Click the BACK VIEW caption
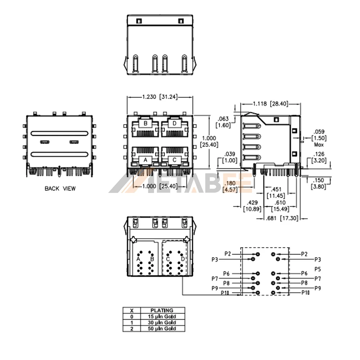tap(60, 188)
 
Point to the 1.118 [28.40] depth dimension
tap(270, 104)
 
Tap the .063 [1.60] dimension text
tap(223, 122)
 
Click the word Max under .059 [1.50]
tap(318, 145)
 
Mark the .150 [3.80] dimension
tap(318, 183)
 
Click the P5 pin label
tap(318, 269)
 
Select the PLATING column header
tap(162, 310)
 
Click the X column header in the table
tap(131, 310)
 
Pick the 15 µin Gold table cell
tap(162, 316)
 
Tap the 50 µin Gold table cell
tap(162, 328)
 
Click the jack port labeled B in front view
tap(145, 128)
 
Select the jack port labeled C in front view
tap(174, 156)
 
